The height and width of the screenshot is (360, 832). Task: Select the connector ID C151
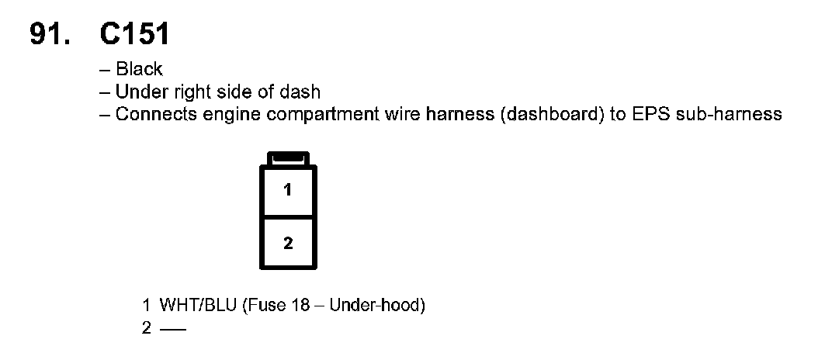pyautogui.click(x=134, y=34)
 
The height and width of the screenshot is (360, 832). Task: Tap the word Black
pyautogui.click(x=140, y=69)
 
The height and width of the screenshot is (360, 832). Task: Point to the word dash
pyautogui.click(x=300, y=92)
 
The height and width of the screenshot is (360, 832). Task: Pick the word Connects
pyautogui.click(x=151, y=114)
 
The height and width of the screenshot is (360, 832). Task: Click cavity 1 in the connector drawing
pyautogui.click(x=288, y=190)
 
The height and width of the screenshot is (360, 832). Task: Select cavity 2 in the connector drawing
pyautogui.click(x=288, y=243)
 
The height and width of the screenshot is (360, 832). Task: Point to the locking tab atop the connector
pyautogui.click(x=288, y=158)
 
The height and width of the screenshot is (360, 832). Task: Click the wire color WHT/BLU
pyautogui.click(x=198, y=305)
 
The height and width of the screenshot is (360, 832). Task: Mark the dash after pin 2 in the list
pyautogui.click(x=173, y=329)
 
